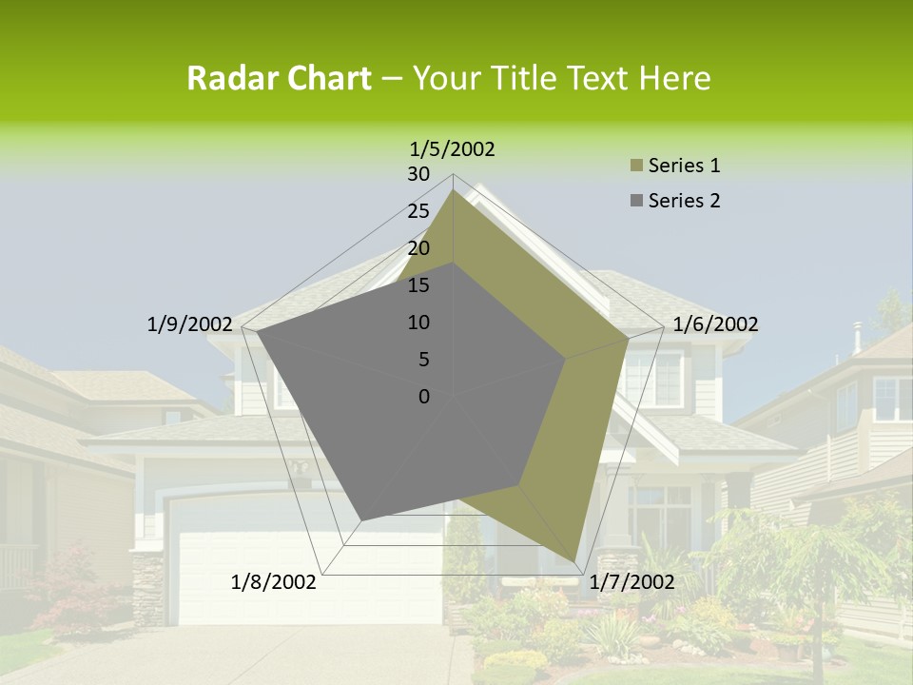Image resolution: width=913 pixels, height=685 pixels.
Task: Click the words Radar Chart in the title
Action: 279,79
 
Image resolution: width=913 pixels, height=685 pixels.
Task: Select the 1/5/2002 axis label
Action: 453,148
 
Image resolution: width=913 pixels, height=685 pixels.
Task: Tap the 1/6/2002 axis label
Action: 715,324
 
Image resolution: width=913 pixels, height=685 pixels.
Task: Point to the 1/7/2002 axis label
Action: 631,582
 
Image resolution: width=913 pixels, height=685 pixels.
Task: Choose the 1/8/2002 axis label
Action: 274,582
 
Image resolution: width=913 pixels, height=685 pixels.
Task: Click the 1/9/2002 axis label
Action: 189,324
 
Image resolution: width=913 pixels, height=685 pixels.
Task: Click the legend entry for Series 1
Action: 684,166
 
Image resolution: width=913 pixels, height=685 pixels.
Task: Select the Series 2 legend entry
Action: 684,201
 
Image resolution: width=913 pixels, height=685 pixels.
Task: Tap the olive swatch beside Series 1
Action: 635,166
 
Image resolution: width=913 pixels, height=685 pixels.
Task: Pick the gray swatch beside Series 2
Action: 635,201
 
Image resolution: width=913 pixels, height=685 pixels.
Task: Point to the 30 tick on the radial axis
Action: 418,174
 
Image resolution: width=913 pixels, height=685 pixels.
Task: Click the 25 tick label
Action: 418,211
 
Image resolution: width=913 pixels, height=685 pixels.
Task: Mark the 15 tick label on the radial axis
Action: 418,285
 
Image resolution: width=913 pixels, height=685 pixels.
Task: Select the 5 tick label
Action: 423,360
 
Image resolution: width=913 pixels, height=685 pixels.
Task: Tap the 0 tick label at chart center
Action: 424,397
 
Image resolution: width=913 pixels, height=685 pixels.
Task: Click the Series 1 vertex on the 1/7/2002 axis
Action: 576,562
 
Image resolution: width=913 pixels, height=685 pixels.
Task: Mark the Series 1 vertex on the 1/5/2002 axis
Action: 453,190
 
